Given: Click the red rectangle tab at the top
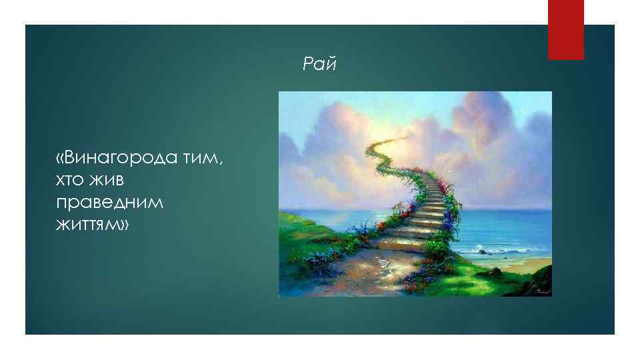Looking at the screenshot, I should (565, 29).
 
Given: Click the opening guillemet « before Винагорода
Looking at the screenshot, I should (61, 157).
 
